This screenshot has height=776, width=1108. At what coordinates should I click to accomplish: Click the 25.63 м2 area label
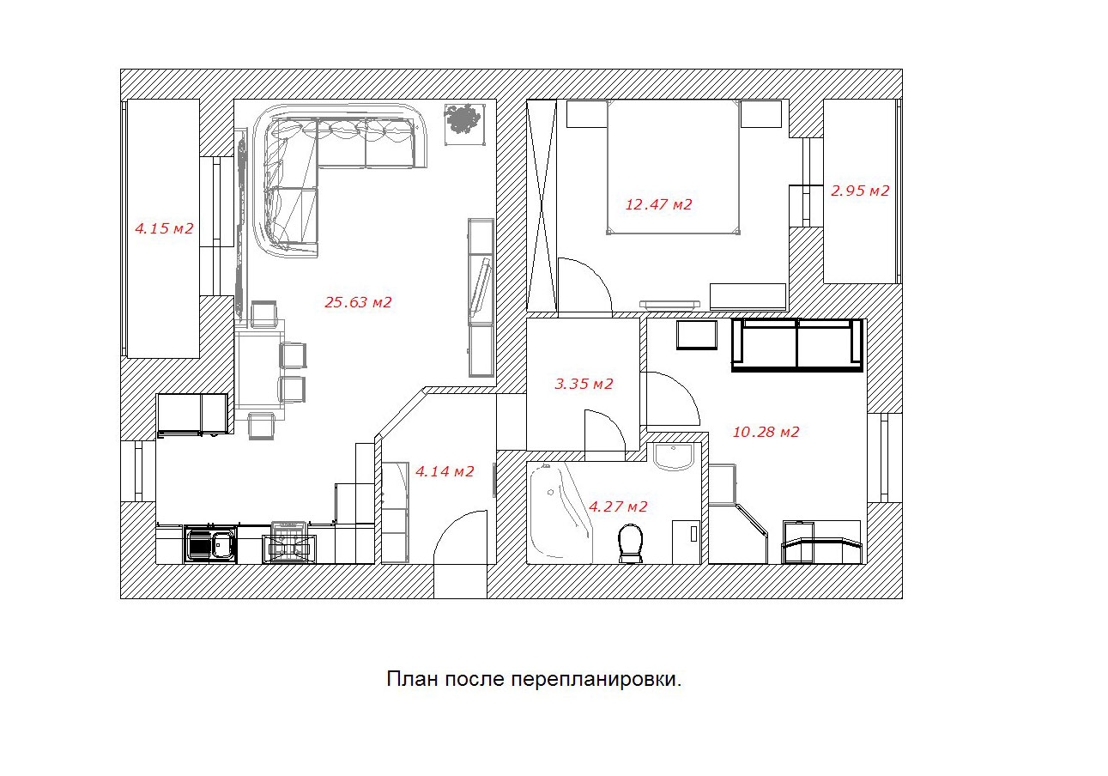point(358,301)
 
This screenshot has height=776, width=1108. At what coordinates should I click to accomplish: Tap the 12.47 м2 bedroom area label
point(658,204)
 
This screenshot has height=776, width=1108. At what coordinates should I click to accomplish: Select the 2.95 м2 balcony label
point(860,191)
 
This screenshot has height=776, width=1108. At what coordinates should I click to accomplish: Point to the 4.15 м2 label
point(164,228)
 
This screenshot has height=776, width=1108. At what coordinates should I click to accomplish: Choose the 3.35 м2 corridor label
point(584,384)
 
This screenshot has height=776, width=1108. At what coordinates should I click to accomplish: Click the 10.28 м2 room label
point(766,432)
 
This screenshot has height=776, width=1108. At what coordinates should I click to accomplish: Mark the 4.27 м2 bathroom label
point(618,506)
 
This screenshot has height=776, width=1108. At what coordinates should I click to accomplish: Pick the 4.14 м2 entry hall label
point(445,471)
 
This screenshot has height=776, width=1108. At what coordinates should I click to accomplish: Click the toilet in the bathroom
point(631,543)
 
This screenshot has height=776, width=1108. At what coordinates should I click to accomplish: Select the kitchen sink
point(211,543)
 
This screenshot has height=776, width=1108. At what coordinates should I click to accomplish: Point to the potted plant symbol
point(463,121)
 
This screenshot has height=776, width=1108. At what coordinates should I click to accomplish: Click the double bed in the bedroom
point(673,167)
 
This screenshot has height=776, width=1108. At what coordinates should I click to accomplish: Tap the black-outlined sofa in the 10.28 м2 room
point(796,345)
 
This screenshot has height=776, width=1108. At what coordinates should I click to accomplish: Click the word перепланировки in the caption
point(596,680)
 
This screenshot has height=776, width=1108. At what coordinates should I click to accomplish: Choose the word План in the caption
point(412,679)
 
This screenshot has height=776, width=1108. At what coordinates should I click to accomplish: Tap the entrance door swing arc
point(452,525)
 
